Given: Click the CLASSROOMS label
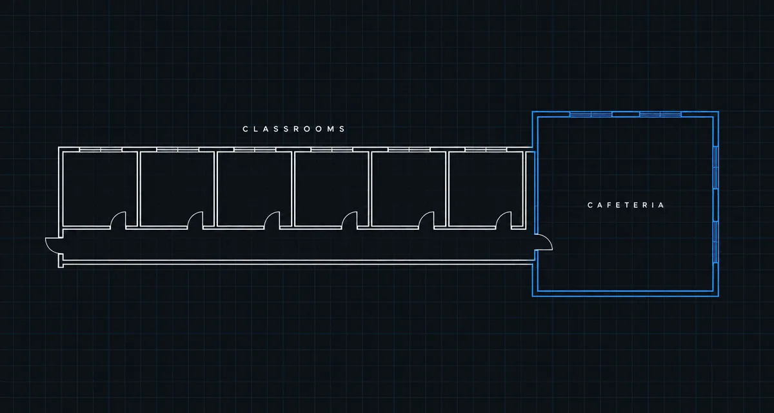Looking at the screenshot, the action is (x=293, y=129).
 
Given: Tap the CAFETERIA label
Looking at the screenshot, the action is (x=626, y=205).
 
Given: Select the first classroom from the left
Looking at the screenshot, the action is (x=100, y=189).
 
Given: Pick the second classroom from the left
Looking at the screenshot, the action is (x=177, y=189).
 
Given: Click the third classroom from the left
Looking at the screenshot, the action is (x=254, y=189).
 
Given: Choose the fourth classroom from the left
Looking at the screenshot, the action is (x=332, y=189).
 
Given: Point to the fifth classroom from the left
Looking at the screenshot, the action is (x=409, y=189).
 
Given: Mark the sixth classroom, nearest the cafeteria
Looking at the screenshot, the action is (x=486, y=189).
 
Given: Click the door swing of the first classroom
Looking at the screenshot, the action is (x=115, y=216).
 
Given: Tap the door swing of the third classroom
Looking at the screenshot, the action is (x=269, y=216).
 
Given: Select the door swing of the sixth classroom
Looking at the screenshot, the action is (x=501, y=216).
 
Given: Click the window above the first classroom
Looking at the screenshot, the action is (x=101, y=150).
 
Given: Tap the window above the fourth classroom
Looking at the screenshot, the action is (x=332, y=150).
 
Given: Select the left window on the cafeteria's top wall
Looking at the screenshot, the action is (x=591, y=114).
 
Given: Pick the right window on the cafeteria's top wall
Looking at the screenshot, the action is (x=660, y=114).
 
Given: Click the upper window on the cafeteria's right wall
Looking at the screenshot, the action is (x=716, y=168).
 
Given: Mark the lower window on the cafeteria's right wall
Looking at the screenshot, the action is (x=716, y=242).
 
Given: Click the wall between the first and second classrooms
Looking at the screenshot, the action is (x=139, y=189).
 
